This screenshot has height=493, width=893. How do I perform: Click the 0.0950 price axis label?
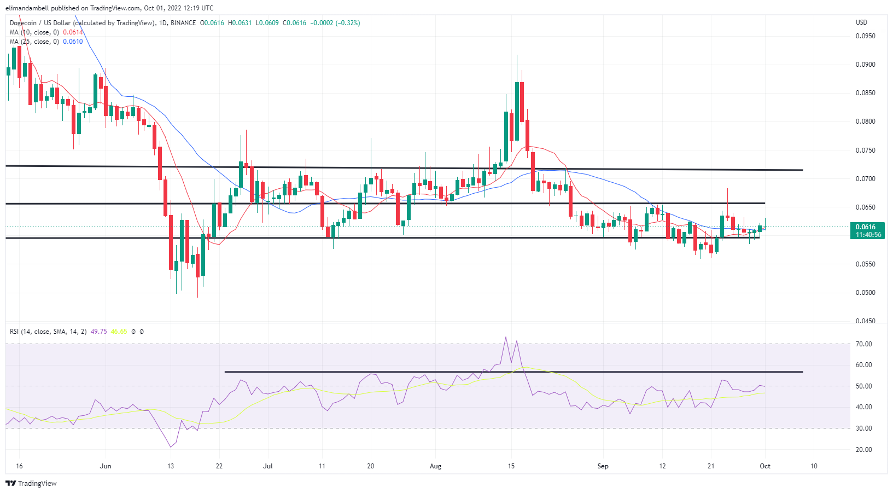coord(865,36)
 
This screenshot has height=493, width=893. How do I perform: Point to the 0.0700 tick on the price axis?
coord(865,179)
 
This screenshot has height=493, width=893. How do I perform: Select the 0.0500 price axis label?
coord(865,293)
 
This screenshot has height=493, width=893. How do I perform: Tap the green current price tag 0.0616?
coord(865,227)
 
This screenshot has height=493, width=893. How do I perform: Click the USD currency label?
coord(861,22)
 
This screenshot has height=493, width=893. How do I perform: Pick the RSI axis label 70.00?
coord(864,344)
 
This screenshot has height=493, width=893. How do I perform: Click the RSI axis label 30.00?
coord(864,428)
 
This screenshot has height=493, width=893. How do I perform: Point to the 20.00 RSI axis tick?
coord(864,450)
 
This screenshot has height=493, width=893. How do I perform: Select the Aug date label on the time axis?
coord(435,466)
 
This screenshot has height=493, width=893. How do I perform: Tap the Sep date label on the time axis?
coord(603,466)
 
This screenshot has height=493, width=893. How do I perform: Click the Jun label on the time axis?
coord(106,466)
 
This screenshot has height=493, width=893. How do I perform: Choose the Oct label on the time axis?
coord(765,466)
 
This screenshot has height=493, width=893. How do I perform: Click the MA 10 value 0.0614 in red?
coord(73,32)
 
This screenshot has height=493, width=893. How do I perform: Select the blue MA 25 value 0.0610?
coord(73,42)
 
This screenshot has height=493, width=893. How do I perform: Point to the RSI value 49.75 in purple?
coord(98,332)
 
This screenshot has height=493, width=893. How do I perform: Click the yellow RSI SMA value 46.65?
coord(119,332)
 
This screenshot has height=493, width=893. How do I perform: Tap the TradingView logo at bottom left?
coord(31,483)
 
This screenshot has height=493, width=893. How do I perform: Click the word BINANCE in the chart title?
coord(183,23)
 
